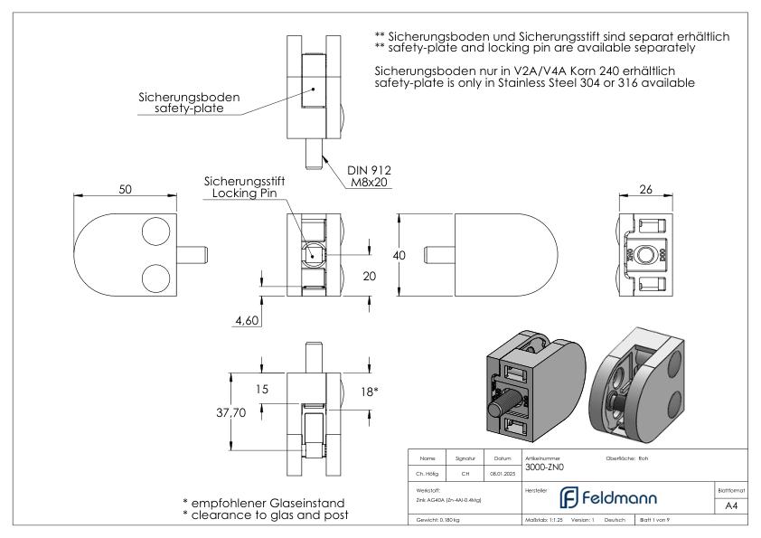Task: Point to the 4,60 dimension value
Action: tap(243, 320)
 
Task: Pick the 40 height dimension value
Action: tap(399, 256)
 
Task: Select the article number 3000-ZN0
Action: tap(542, 468)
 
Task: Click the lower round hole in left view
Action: tap(156, 276)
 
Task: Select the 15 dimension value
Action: tap(262, 390)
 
